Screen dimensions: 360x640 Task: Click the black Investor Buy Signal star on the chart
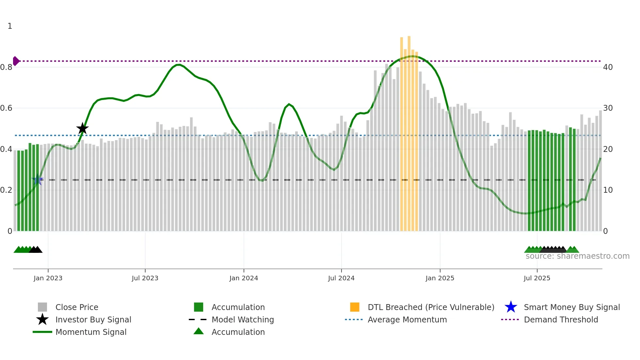coord(82,129)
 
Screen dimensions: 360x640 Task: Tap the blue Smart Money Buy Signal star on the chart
coord(38,179)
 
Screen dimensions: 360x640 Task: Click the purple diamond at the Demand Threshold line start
coord(16,61)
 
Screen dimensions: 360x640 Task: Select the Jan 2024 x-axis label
coord(244,278)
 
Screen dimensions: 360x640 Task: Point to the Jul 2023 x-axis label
coord(145,278)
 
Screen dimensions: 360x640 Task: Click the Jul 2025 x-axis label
coord(537,278)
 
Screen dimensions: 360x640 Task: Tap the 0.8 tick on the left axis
coord(7,67)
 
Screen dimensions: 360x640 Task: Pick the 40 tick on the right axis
coord(608,67)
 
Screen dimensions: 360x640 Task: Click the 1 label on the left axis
coord(10,26)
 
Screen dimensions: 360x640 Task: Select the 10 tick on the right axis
coord(608,190)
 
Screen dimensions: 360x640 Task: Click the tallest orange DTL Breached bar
coord(409,131)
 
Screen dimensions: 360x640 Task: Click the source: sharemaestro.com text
coord(577,256)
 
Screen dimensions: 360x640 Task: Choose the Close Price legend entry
coord(77,307)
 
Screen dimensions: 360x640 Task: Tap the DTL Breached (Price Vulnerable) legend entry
coord(431,307)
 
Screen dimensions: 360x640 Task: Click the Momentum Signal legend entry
coord(91,332)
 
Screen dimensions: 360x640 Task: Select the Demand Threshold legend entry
coord(561,319)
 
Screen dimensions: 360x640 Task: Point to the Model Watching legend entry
coord(243,319)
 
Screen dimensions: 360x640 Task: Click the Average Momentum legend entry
coord(407,319)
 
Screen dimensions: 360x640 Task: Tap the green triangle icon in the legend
coord(199,331)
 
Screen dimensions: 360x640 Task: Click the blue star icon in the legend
coord(511,307)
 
